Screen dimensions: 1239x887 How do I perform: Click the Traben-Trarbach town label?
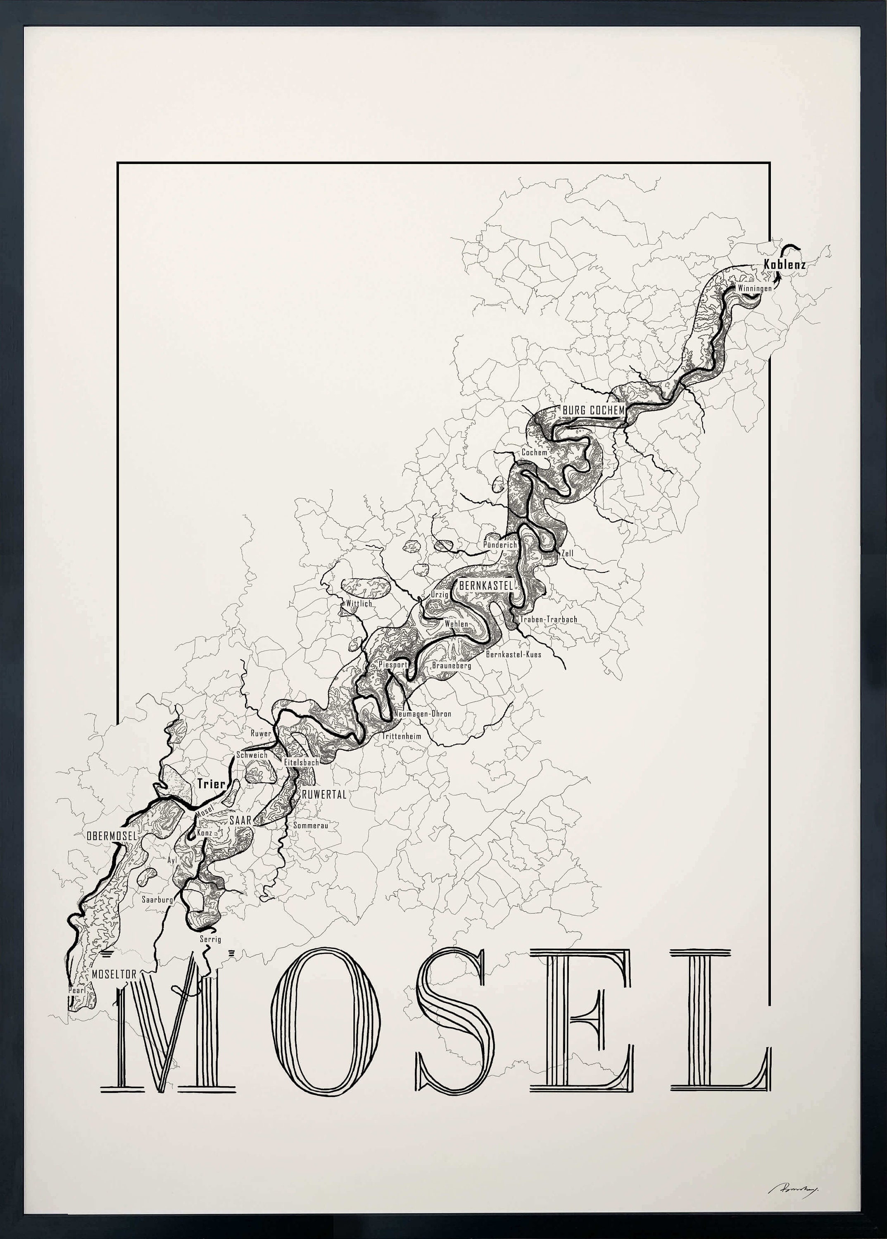[x=548, y=619]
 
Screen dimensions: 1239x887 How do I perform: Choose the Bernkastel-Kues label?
[x=514, y=654]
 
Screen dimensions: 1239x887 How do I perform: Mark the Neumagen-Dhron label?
[x=423, y=714]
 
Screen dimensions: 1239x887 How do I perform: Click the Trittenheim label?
[x=402, y=736]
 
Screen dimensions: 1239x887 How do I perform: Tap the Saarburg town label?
[x=157, y=900]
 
